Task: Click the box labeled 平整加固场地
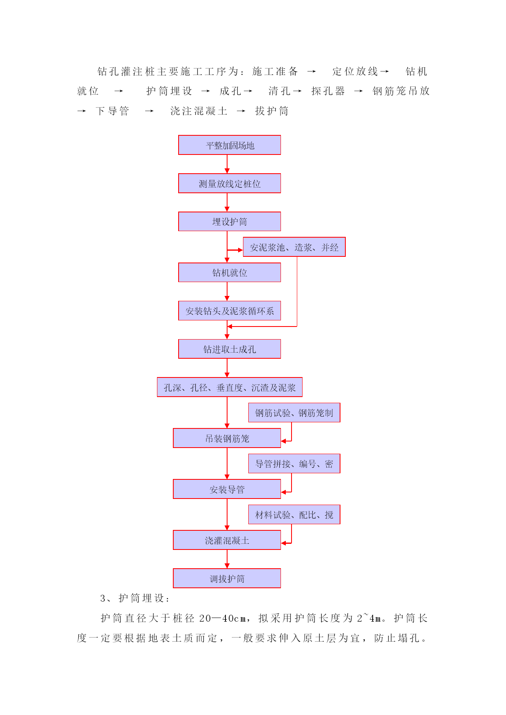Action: [x=230, y=145]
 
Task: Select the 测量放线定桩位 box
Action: [x=230, y=183]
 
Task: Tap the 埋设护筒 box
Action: [x=230, y=221]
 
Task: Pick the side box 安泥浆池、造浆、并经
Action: [x=294, y=247]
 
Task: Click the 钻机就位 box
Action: [x=230, y=272]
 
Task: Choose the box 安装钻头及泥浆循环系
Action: [x=230, y=311]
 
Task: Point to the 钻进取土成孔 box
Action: [x=230, y=349]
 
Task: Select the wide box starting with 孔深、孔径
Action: [x=230, y=387]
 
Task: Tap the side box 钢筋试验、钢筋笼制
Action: [x=294, y=413]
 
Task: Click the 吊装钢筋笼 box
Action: [x=227, y=438]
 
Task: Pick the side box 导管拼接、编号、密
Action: [x=294, y=463]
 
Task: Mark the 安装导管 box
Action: [x=227, y=489]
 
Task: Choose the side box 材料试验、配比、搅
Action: [x=294, y=514]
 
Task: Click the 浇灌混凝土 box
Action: [x=227, y=540]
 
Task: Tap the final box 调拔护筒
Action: [x=227, y=578]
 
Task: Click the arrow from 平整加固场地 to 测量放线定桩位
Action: [x=227, y=164]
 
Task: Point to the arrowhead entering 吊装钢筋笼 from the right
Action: [x=284, y=441]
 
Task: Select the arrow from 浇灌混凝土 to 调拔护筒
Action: [x=227, y=559]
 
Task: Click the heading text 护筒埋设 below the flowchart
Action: [x=141, y=598]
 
